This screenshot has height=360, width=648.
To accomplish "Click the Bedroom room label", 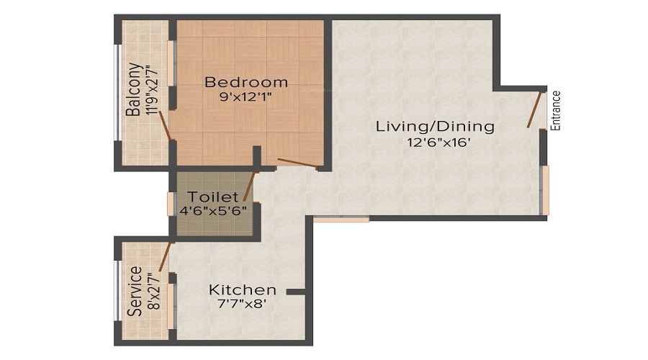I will [x=246, y=81].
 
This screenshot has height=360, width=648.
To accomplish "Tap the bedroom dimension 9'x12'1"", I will [x=246, y=96].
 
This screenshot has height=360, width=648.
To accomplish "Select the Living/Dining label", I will [x=436, y=127].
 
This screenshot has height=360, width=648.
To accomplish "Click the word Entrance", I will [x=555, y=109].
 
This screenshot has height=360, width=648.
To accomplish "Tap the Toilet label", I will [x=212, y=197].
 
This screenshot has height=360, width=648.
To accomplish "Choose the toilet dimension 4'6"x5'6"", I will [x=212, y=212].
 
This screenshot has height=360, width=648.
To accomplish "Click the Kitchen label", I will [x=243, y=289].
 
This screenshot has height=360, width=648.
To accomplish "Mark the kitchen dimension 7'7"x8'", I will [x=243, y=305].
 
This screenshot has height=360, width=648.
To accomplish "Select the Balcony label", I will [x=133, y=90].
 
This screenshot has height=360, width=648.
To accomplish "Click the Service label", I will [x=133, y=292].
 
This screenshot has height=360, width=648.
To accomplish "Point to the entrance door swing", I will [x=535, y=109].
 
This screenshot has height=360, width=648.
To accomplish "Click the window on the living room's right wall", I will [x=545, y=190].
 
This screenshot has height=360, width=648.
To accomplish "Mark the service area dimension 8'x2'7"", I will [x=150, y=292].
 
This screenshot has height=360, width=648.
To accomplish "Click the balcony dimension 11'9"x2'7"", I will [x=150, y=90].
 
